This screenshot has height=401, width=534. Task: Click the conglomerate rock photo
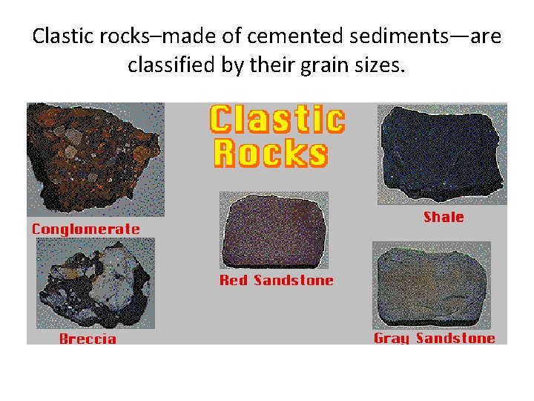[x=95, y=159]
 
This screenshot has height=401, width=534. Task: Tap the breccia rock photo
[x=95, y=285]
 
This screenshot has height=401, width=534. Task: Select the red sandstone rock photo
[x=274, y=231]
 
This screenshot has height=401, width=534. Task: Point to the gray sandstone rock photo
[x=431, y=285]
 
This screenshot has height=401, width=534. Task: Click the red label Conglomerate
[x=85, y=229]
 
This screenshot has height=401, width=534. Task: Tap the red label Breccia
[x=88, y=339]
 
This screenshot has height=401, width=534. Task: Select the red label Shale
[x=444, y=218]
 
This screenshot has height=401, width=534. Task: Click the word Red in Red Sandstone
[x=234, y=281]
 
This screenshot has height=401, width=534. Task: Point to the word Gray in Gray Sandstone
[x=392, y=339]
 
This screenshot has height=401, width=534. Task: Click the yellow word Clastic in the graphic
[x=277, y=120]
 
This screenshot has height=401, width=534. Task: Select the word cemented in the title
[x=245, y=36]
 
